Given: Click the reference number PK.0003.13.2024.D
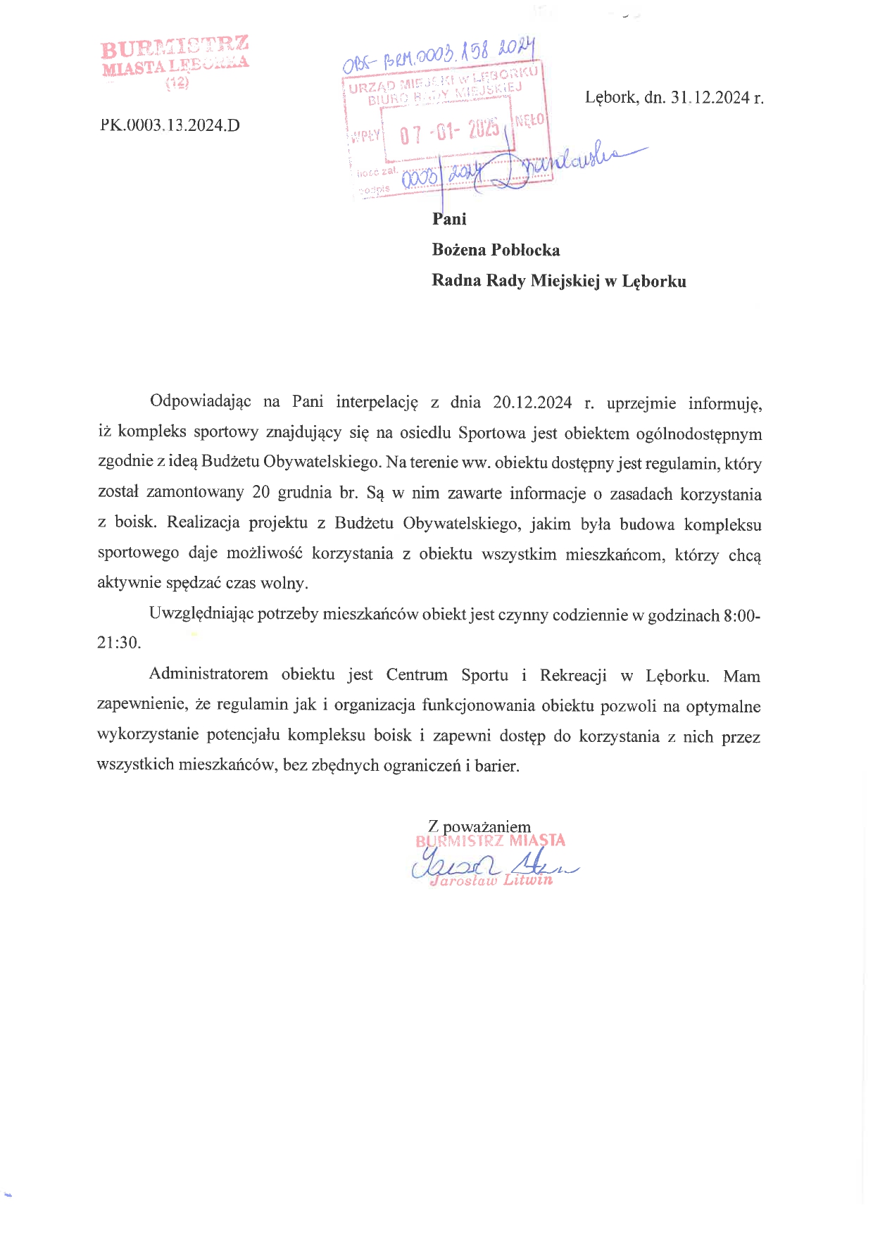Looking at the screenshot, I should coord(170,125).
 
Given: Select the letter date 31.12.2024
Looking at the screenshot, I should coord(710,97).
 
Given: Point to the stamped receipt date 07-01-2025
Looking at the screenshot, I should coord(449,132).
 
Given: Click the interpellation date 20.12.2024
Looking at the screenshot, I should coord(532,402).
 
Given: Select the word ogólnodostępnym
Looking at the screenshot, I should coord(698,434).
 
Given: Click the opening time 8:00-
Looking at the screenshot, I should coord(741,615).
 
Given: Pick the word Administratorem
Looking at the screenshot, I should coord(208,674).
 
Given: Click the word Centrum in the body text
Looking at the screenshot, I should coord(417,675).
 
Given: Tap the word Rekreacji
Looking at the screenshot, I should coord(572,675).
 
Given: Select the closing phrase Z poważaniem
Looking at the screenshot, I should coord(479,826).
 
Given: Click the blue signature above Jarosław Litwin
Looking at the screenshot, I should coord(493,864).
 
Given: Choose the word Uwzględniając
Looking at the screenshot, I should coord(201,614).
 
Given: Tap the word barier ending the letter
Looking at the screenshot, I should coord(496,766).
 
